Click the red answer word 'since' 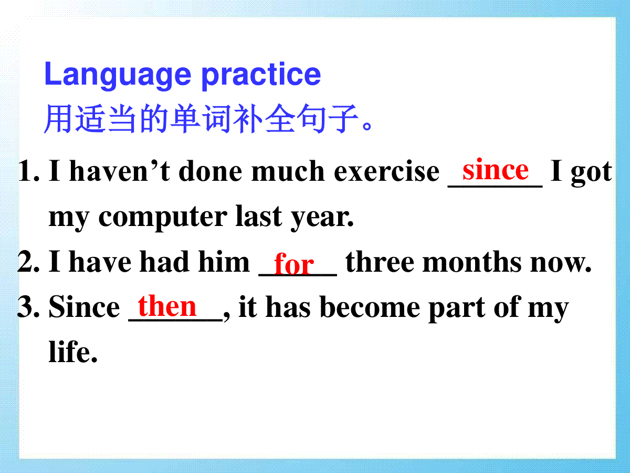click(x=496, y=169)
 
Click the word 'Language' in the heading click(x=118, y=75)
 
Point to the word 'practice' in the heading click(x=260, y=76)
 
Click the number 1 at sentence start click(x=28, y=171)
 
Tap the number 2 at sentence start click(x=28, y=261)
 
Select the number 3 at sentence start click(x=28, y=306)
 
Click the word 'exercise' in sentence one click(x=386, y=171)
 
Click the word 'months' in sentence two click(x=472, y=261)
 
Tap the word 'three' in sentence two click(x=380, y=261)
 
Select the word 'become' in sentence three click(x=370, y=307)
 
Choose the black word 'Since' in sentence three click(x=84, y=306)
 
